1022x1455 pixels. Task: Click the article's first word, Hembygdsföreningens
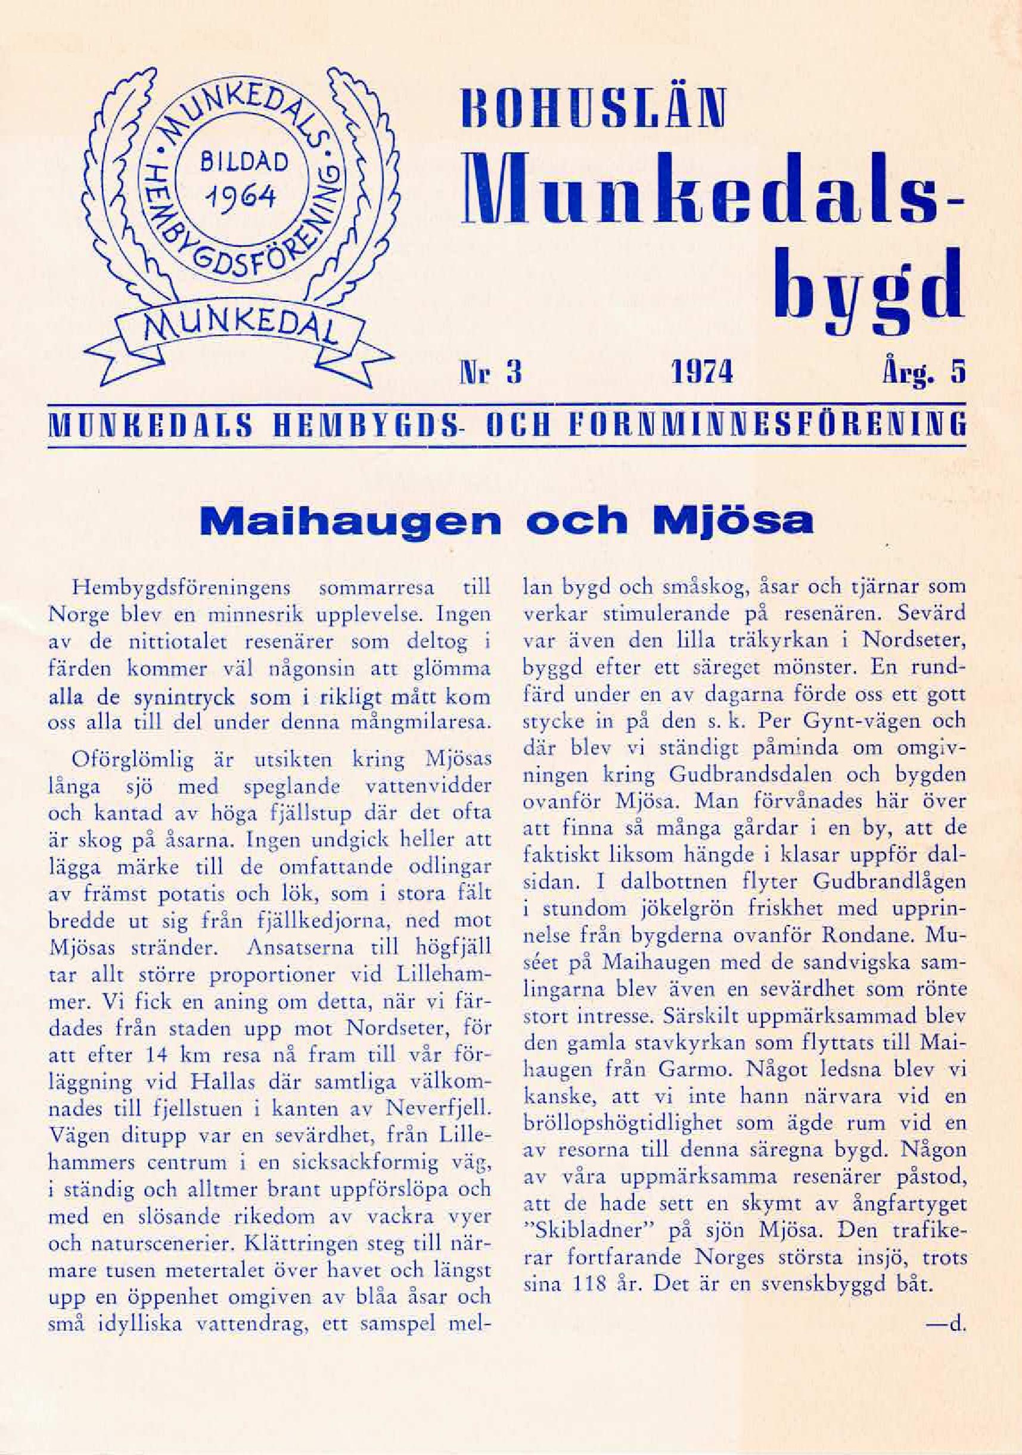[182, 588]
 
